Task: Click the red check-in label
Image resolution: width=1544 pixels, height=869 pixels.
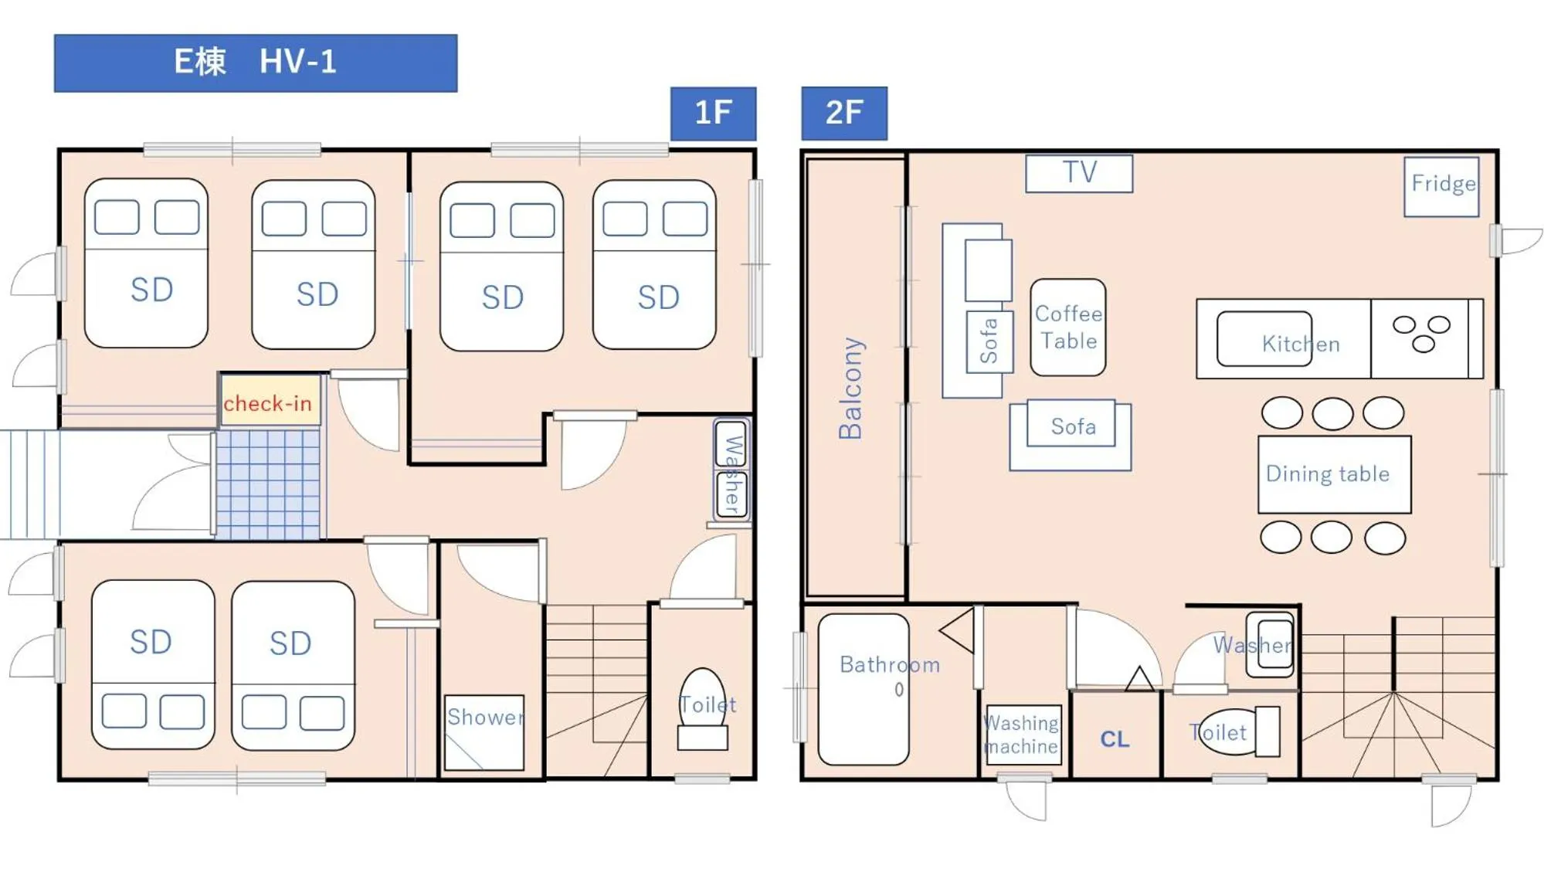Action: pos(268,402)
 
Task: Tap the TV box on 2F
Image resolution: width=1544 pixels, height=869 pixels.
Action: pos(1078,173)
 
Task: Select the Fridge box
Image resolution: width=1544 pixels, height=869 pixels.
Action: pos(1441,186)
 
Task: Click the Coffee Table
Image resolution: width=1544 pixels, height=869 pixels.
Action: pos(1067,328)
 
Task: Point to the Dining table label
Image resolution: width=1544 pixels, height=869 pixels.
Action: pos(1327,474)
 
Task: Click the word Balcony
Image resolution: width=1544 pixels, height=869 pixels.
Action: pos(850,388)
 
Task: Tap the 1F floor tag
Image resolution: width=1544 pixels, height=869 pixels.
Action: pos(712,113)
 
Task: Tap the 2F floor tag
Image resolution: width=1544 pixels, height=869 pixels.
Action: pos(843,113)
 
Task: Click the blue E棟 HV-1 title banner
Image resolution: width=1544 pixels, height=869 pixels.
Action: pos(255,63)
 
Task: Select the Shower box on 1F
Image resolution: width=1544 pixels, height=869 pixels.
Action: pos(484,731)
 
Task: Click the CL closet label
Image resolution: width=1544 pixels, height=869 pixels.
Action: pos(1115,739)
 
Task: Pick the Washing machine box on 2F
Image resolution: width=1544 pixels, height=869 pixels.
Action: pos(1023,735)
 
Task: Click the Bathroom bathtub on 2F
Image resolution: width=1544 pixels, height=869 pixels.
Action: pos(863,688)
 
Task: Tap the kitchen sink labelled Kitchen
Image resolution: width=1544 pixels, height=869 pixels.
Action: pos(1264,338)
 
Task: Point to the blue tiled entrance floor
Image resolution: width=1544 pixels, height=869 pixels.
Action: pos(267,484)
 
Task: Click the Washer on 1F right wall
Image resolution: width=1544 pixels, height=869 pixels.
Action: pos(731,470)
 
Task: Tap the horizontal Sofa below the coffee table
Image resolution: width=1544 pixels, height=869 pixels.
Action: pos(1071,433)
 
